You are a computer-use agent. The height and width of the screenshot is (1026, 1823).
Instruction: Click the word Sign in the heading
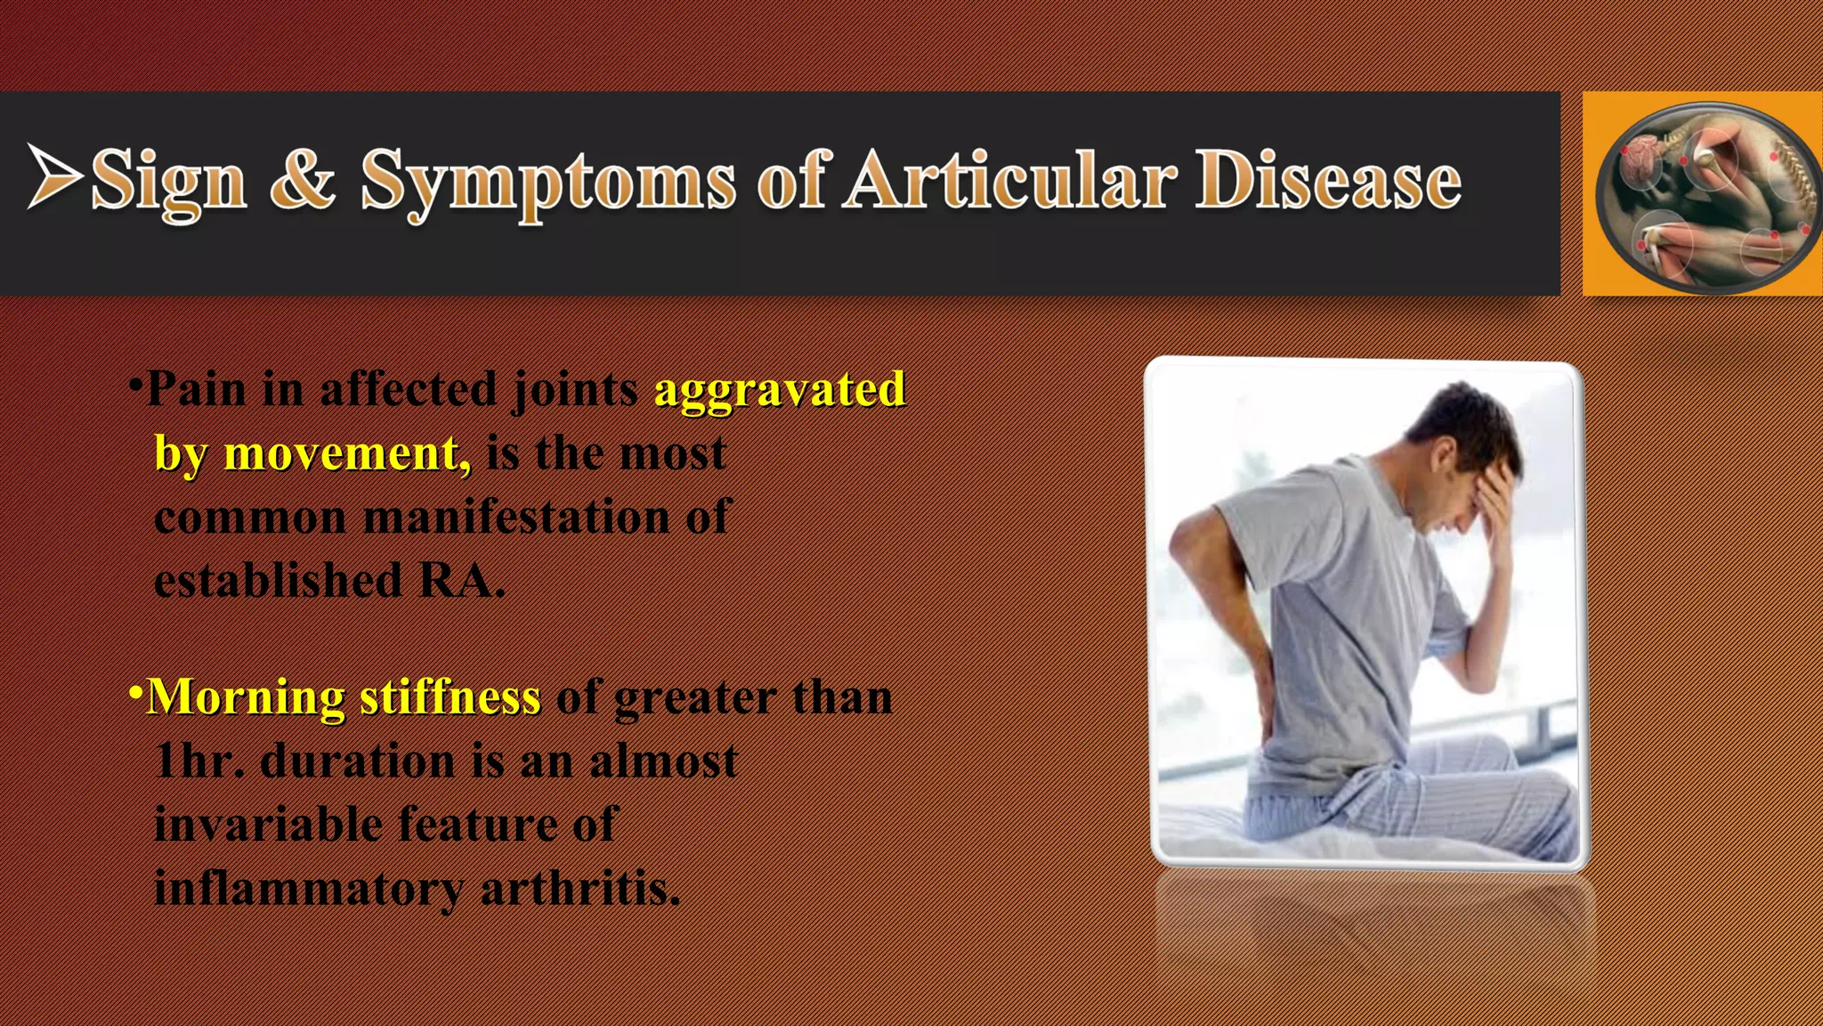point(169,181)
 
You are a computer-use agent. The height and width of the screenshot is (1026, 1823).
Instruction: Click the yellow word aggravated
point(780,389)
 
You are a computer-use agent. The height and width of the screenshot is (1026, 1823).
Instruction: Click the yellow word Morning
point(246,697)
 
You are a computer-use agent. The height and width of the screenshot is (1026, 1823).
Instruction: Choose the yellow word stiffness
point(450,697)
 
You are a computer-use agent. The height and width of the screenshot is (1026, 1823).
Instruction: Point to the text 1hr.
point(199,761)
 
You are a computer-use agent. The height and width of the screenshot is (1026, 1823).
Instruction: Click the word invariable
point(268,825)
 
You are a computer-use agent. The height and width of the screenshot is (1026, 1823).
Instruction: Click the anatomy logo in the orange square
point(1702,193)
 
